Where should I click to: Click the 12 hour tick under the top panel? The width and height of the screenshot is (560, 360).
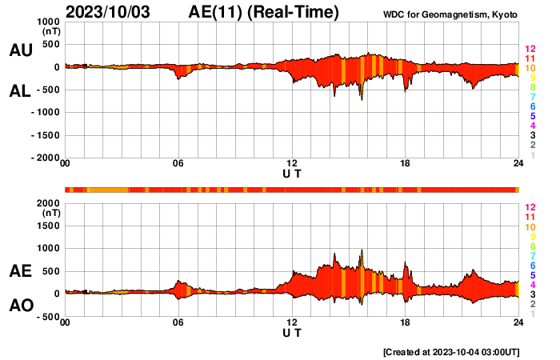pos(292,163)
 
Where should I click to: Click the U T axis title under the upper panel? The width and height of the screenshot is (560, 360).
pos(292,173)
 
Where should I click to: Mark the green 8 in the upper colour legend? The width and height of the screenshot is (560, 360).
pos(531,87)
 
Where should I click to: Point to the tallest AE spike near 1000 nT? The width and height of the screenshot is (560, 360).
pos(362,250)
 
